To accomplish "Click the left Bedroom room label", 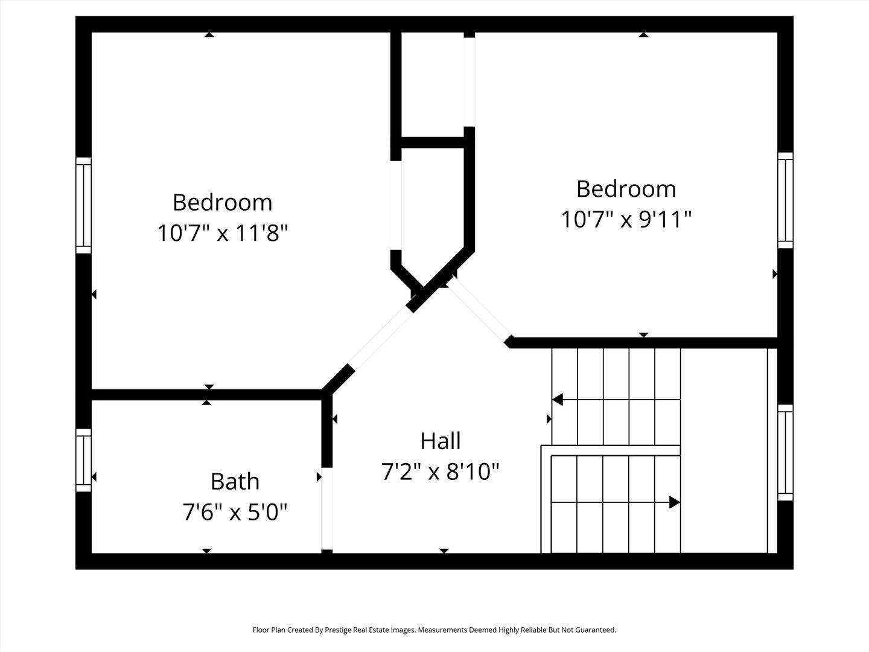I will [x=222, y=202].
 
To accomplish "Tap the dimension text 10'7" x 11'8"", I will [x=222, y=232].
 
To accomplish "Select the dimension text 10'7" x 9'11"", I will [x=626, y=219].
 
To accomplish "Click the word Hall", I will [x=441, y=441].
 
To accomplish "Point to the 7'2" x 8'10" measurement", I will [x=441, y=471].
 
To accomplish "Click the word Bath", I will [x=235, y=481].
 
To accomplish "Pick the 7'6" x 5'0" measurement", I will [x=235, y=513].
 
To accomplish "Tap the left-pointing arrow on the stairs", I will [x=558, y=400].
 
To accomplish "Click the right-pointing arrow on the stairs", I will [x=675, y=502].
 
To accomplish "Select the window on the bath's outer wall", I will [x=83, y=460].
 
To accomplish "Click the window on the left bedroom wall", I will [x=83, y=205].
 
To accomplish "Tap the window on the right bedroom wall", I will [x=785, y=200].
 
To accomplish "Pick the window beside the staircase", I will [x=785, y=453].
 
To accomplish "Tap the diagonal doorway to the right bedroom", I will [x=479, y=312].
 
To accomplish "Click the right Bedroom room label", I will [x=626, y=189].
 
